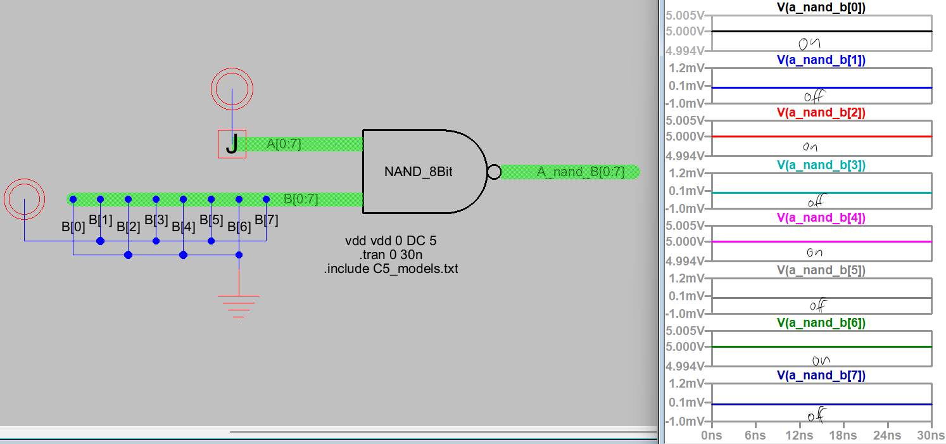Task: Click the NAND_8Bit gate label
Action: click(418, 172)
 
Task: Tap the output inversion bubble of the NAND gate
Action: click(494, 172)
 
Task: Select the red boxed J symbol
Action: click(232, 144)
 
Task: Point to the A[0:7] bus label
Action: click(284, 144)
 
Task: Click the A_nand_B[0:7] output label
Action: click(581, 172)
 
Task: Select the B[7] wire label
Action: click(266, 220)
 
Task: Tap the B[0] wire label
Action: click(73, 226)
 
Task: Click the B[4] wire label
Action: click(184, 226)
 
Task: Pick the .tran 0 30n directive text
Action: click(390, 255)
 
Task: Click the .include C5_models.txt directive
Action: click(390, 269)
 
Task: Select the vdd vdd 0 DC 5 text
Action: click(390, 241)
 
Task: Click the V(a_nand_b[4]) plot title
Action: click(821, 218)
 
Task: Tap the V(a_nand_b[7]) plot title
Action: click(821, 376)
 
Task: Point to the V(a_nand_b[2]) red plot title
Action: click(821, 113)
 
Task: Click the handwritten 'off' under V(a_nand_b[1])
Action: click(814, 97)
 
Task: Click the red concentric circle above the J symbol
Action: click(232, 89)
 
